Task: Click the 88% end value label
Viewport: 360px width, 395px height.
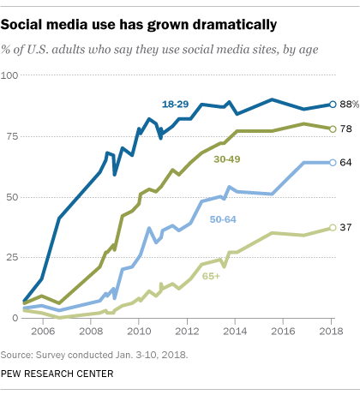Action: pos(347,105)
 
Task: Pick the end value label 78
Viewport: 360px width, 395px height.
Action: pos(345,129)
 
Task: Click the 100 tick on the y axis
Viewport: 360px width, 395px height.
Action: pos(11,75)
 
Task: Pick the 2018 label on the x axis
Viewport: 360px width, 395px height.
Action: pos(332,330)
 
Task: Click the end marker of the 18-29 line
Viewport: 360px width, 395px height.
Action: pos(332,105)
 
